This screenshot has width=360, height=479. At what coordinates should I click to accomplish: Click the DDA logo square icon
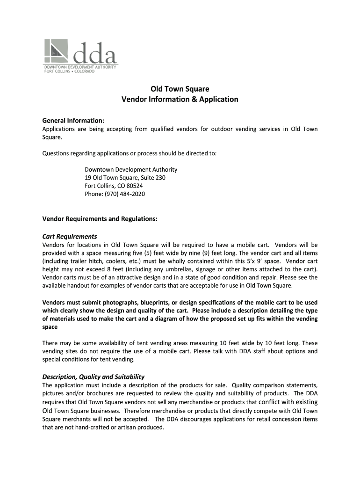click(57, 52)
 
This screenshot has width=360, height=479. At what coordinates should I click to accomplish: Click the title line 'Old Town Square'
click(180, 89)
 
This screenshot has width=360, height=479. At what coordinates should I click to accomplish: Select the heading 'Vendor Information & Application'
click(180, 99)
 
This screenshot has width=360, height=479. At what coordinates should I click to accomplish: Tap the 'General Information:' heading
click(73, 121)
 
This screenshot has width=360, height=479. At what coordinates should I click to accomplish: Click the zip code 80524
click(134, 186)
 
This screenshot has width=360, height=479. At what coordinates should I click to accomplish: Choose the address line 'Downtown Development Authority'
click(131, 169)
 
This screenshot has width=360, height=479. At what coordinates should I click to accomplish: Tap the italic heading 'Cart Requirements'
click(70, 236)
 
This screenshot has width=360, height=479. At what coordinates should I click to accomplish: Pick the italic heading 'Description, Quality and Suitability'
click(94, 377)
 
